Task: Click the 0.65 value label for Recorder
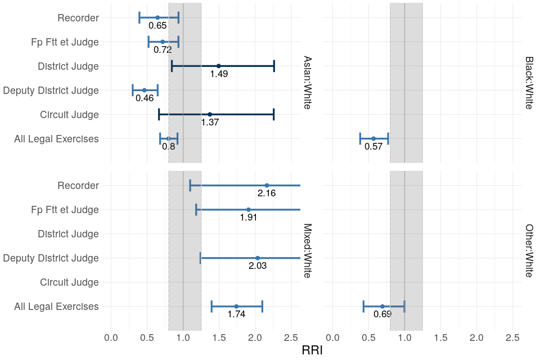[x=157, y=26]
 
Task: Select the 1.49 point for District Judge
[x=219, y=66]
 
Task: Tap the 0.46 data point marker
[x=144, y=90]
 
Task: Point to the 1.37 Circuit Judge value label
[x=210, y=123]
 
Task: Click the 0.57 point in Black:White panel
[x=373, y=138]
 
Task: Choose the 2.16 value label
[x=267, y=193]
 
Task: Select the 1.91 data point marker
[x=249, y=210]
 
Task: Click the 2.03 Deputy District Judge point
[x=258, y=258]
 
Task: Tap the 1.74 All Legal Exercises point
[x=236, y=307]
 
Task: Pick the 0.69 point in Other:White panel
[x=382, y=307]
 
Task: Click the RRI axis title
[x=312, y=350]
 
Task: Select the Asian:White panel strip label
[x=308, y=82]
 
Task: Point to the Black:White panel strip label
[x=529, y=82]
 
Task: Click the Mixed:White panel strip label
[x=308, y=250]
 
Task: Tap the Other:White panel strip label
[x=529, y=250]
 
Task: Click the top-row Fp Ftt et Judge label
[x=65, y=42]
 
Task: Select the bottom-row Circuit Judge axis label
[x=69, y=282]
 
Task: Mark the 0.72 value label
[x=163, y=50]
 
